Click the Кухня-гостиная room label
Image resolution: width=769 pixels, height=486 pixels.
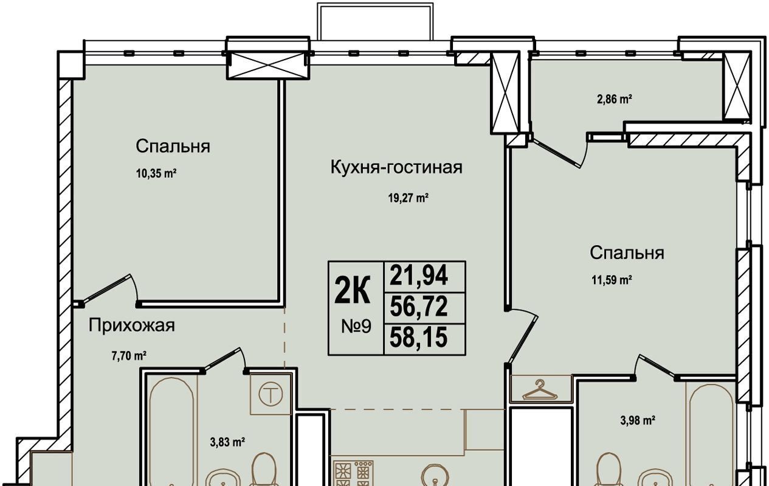[x=396, y=168]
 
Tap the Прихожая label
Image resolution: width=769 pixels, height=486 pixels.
[x=132, y=325]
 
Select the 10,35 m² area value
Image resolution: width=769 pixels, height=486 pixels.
[x=156, y=173]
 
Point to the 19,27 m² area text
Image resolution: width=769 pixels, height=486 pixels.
[x=408, y=198]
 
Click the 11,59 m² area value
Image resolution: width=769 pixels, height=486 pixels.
[x=612, y=280]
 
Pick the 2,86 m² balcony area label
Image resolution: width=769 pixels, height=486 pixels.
[x=615, y=99]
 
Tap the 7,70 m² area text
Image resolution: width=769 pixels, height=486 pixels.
[x=129, y=356]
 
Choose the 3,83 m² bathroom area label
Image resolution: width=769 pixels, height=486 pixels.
[x=227, y=442]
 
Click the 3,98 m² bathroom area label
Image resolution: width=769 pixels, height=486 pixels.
[x=638, y=420]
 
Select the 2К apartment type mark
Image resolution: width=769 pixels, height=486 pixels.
[x=353, y=290]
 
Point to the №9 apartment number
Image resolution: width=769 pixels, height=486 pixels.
[x=356, y=326]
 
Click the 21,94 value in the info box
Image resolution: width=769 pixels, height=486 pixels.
[x=418, y=275]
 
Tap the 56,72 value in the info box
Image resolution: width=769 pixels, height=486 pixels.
[x=418, y=306]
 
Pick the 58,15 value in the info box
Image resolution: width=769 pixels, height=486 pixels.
[x=418, y=337]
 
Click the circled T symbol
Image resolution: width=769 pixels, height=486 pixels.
[x=271, y=395]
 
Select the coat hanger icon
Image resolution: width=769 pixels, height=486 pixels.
[x=540, y=390]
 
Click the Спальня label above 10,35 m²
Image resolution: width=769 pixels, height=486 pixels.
[x=173, y=146]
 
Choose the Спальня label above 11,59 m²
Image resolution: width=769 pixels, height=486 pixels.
[x=627, y=252]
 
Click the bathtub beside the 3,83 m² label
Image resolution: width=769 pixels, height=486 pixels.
[x=171, y=432]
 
